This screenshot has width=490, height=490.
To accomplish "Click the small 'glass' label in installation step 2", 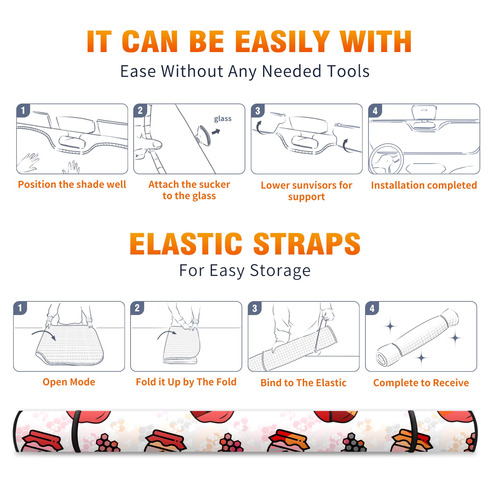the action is [223, 119].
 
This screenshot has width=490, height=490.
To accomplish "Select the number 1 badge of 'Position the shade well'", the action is [23, 110].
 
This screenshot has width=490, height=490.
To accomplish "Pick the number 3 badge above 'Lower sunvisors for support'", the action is [258, 110].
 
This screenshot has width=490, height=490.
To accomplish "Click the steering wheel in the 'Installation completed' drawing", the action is [386, 159].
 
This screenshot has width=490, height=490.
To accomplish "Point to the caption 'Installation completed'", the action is [424, 185].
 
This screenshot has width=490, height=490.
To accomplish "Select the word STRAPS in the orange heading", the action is [307, 244].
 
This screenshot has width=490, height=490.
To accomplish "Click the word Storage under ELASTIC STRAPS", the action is [280, 271].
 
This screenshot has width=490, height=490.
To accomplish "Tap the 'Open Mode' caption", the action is [69, 382].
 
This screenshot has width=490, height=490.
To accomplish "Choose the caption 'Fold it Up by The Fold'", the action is [186, 382].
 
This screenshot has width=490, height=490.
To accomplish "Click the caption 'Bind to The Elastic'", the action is [303, 383].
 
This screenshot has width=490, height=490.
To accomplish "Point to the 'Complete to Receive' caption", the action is [421, 383].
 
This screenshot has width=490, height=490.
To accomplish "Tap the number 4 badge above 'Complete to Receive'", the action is [372, 308].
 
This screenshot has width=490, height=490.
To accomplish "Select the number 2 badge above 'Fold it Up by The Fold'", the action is [137, 308].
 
